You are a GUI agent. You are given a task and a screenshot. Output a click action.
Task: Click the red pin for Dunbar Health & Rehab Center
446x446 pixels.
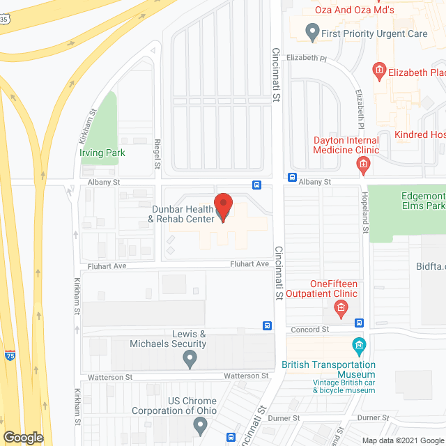pos(222,207)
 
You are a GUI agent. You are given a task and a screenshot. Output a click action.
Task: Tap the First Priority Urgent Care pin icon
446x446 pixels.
pos(313,32)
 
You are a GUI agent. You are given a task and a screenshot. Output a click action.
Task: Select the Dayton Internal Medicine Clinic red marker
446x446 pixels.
pos(362,165)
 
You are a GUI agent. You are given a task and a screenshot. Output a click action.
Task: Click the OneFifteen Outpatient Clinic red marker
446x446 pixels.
pos(341,307)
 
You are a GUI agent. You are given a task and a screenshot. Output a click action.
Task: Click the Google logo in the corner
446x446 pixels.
pos(23,437)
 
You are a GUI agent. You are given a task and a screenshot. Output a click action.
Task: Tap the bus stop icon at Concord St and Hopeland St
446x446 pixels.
pos(359,323)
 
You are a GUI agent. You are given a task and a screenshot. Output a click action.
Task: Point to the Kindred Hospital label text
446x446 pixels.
pos(419,134)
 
